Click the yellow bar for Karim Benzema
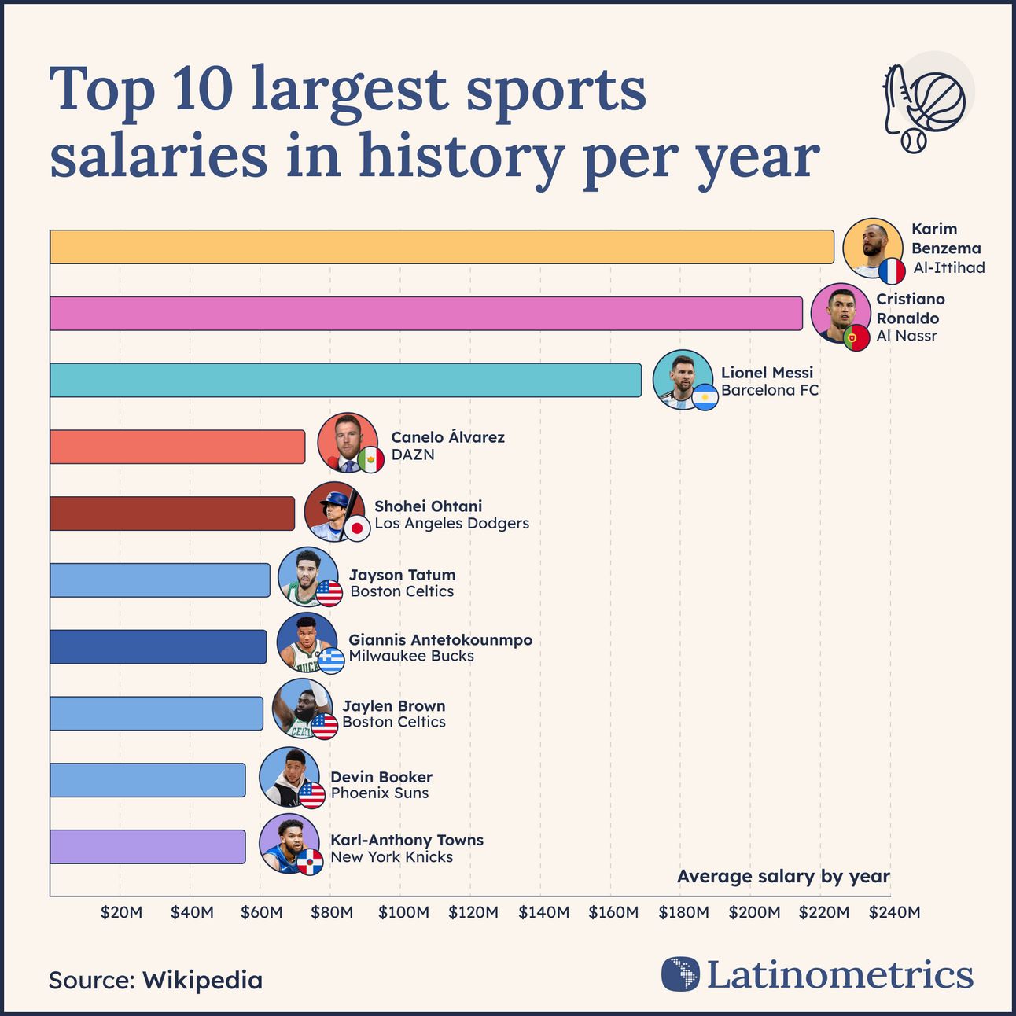[441, 247]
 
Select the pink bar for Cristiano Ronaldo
[425, 314]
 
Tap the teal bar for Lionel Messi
[345, 380]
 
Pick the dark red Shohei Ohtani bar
[172, 514]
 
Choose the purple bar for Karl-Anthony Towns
[147, 847]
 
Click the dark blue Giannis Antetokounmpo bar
[158, 646]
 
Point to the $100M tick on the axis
[403, 912]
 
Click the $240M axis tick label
[894, 912]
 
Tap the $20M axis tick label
[122, 912]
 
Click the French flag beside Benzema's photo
[892, 271]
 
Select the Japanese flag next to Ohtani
[358, 528]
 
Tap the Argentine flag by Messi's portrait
[705, 398]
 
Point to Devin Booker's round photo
[288, 776]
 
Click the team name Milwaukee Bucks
[411, 656]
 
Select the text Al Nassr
[907, 336]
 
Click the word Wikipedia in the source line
[203, 981]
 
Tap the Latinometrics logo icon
[680, 974]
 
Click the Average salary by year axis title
[783, 877]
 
